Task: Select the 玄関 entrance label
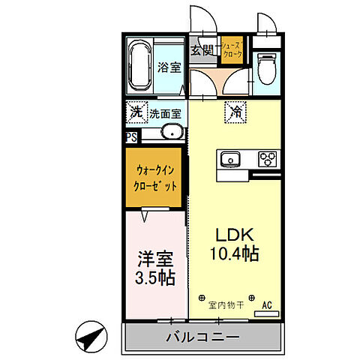click(200, 50)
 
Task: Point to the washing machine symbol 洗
click(135, 113)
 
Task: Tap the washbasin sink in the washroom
click(172, 133)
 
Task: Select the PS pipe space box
click(131, 137)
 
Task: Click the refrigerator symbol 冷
click(235, 113)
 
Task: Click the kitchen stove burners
click(268, 158)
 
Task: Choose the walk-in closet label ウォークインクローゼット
click(155, 178)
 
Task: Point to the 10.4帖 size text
click(234, 253)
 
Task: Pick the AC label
click(266, 305)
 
